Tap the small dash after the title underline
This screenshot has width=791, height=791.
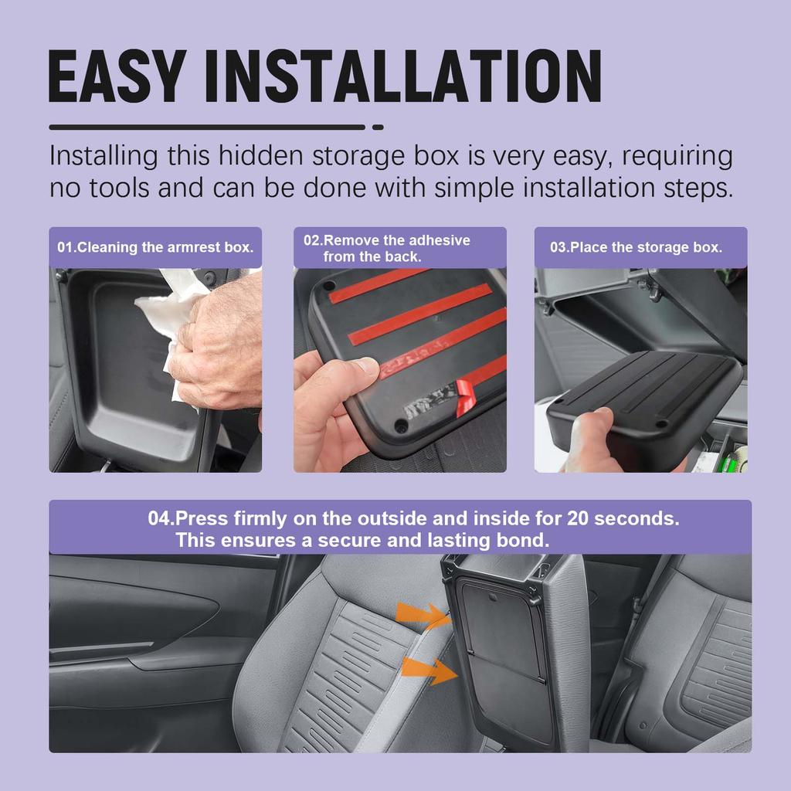[x=378, y=127]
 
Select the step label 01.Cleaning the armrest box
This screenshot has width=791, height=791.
[x=155, y=248]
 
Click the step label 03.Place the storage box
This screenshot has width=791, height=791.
[x=636, y=248]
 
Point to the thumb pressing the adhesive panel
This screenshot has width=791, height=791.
[x=351, y=372]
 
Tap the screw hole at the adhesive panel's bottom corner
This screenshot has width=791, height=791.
[x=401, y=426]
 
